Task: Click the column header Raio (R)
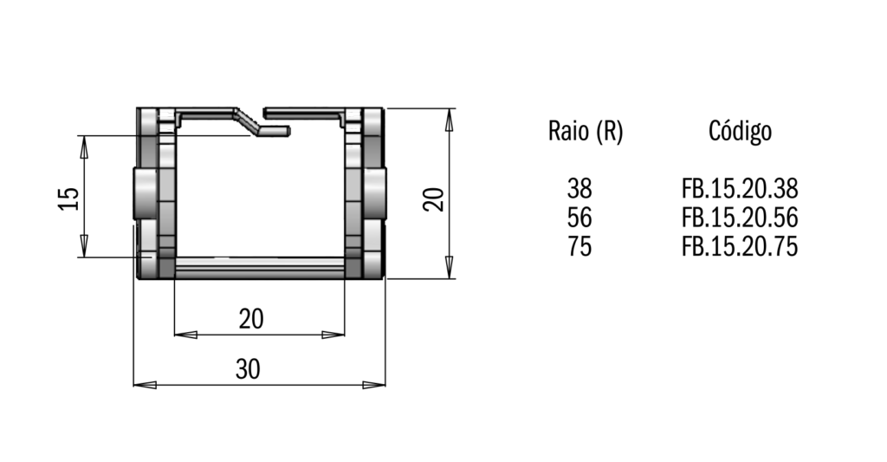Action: pos(586,132)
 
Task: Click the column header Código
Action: pos(740,132)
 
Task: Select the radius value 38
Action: pos(579,189)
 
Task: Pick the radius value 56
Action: pos(579,218)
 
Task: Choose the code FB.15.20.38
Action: pos(740,189)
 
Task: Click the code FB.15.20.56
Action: pos(740,218)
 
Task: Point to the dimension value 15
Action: pos(69,198)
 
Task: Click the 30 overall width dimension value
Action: pos(248,370)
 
